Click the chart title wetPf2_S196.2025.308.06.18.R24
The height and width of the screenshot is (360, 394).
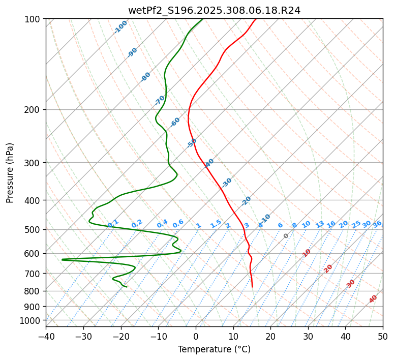coord(214,10)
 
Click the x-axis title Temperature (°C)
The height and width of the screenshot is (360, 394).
coord(214,349)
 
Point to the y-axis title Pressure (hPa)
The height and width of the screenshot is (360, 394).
coord(10,172)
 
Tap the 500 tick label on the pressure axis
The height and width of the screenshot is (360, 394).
coord(33,229)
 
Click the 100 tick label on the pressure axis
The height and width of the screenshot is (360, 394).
coord(33,19)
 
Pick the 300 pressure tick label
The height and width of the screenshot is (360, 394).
coord(33,163)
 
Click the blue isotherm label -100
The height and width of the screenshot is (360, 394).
coord(120,27)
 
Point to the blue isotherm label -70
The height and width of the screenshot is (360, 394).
coord(160,100)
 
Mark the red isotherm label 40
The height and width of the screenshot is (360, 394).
coord(373,299)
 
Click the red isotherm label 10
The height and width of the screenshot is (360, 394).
coord(306,253)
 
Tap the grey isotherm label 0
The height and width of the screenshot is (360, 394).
coord(286,236)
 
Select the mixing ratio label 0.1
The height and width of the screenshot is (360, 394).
coord(113,223)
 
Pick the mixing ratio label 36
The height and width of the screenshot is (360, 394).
coord(377,224)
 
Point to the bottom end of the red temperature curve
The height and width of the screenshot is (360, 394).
coord(252,287)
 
